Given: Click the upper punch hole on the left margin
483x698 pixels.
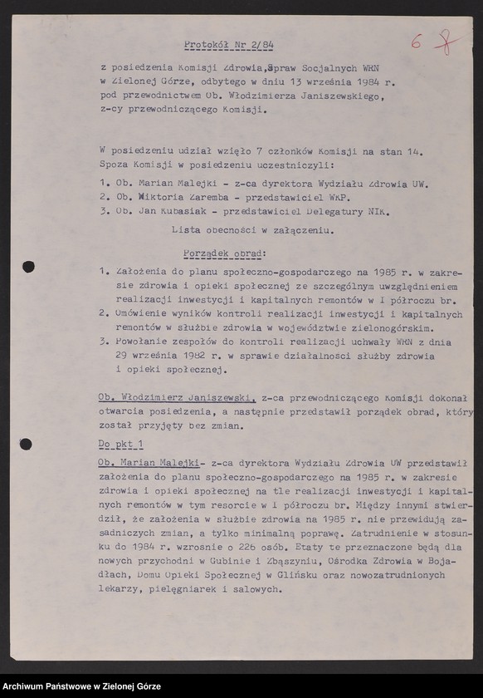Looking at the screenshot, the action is click(27, 267).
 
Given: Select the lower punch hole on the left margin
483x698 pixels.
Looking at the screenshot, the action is click(26, 444).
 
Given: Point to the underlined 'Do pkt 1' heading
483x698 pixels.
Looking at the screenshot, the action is click(120, 445).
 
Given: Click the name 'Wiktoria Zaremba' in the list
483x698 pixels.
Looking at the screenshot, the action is click(168, 197).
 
